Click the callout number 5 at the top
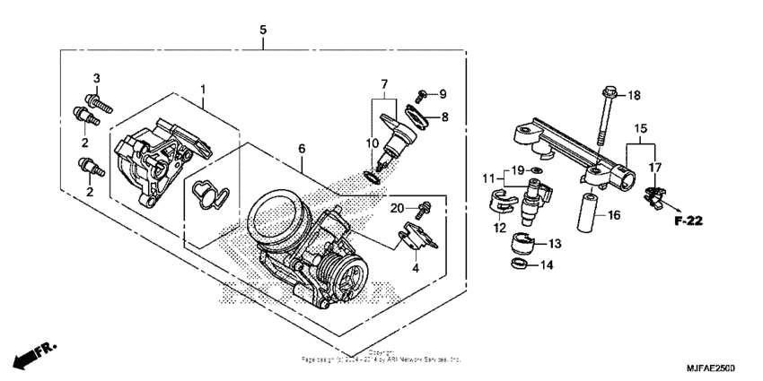(x=263, y=30)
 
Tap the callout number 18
(x=634, y=95)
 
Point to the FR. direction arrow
(x=29, y=354)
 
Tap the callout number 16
(x=612, y=215)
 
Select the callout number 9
(x=442, y=94)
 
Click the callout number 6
(x=302, y=149)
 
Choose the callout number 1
(x=203, y=90)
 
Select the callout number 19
(x=517, y=169)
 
